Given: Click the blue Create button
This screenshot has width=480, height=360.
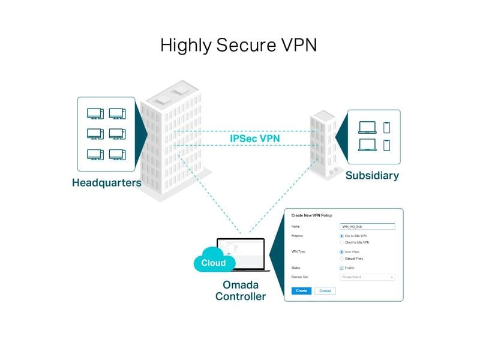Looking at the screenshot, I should pos(301,290).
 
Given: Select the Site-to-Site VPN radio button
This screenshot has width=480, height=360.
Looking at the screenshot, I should pos(341,236).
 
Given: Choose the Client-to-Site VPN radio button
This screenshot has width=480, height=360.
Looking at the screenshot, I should pos(341,242).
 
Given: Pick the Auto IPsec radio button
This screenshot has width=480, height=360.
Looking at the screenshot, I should pos(341,252).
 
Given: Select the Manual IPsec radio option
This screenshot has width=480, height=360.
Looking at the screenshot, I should pos(341,258).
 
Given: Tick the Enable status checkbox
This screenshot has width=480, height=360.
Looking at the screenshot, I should pos(341,268).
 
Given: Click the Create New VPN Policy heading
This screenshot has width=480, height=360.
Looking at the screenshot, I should pos(311,215).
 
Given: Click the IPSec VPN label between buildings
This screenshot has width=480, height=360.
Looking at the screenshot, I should pos(254,138).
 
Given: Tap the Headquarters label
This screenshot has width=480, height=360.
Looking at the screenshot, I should pos(107,182).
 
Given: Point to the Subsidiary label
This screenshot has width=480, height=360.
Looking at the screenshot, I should pos(372,176).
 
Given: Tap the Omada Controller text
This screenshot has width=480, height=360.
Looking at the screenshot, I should pos(240,291).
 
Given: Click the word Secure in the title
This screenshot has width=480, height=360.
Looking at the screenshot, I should pos(239,45).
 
